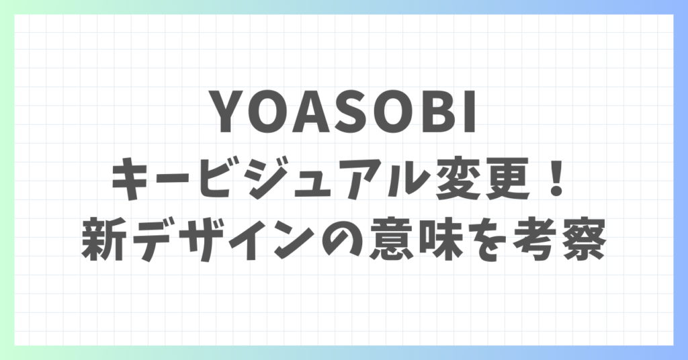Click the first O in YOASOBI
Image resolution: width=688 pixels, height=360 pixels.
click(x=270, y=111)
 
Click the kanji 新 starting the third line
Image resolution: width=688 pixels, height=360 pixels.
click(x=103, y=240)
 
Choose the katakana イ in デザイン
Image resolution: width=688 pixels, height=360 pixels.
click(x=255, y=240)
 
